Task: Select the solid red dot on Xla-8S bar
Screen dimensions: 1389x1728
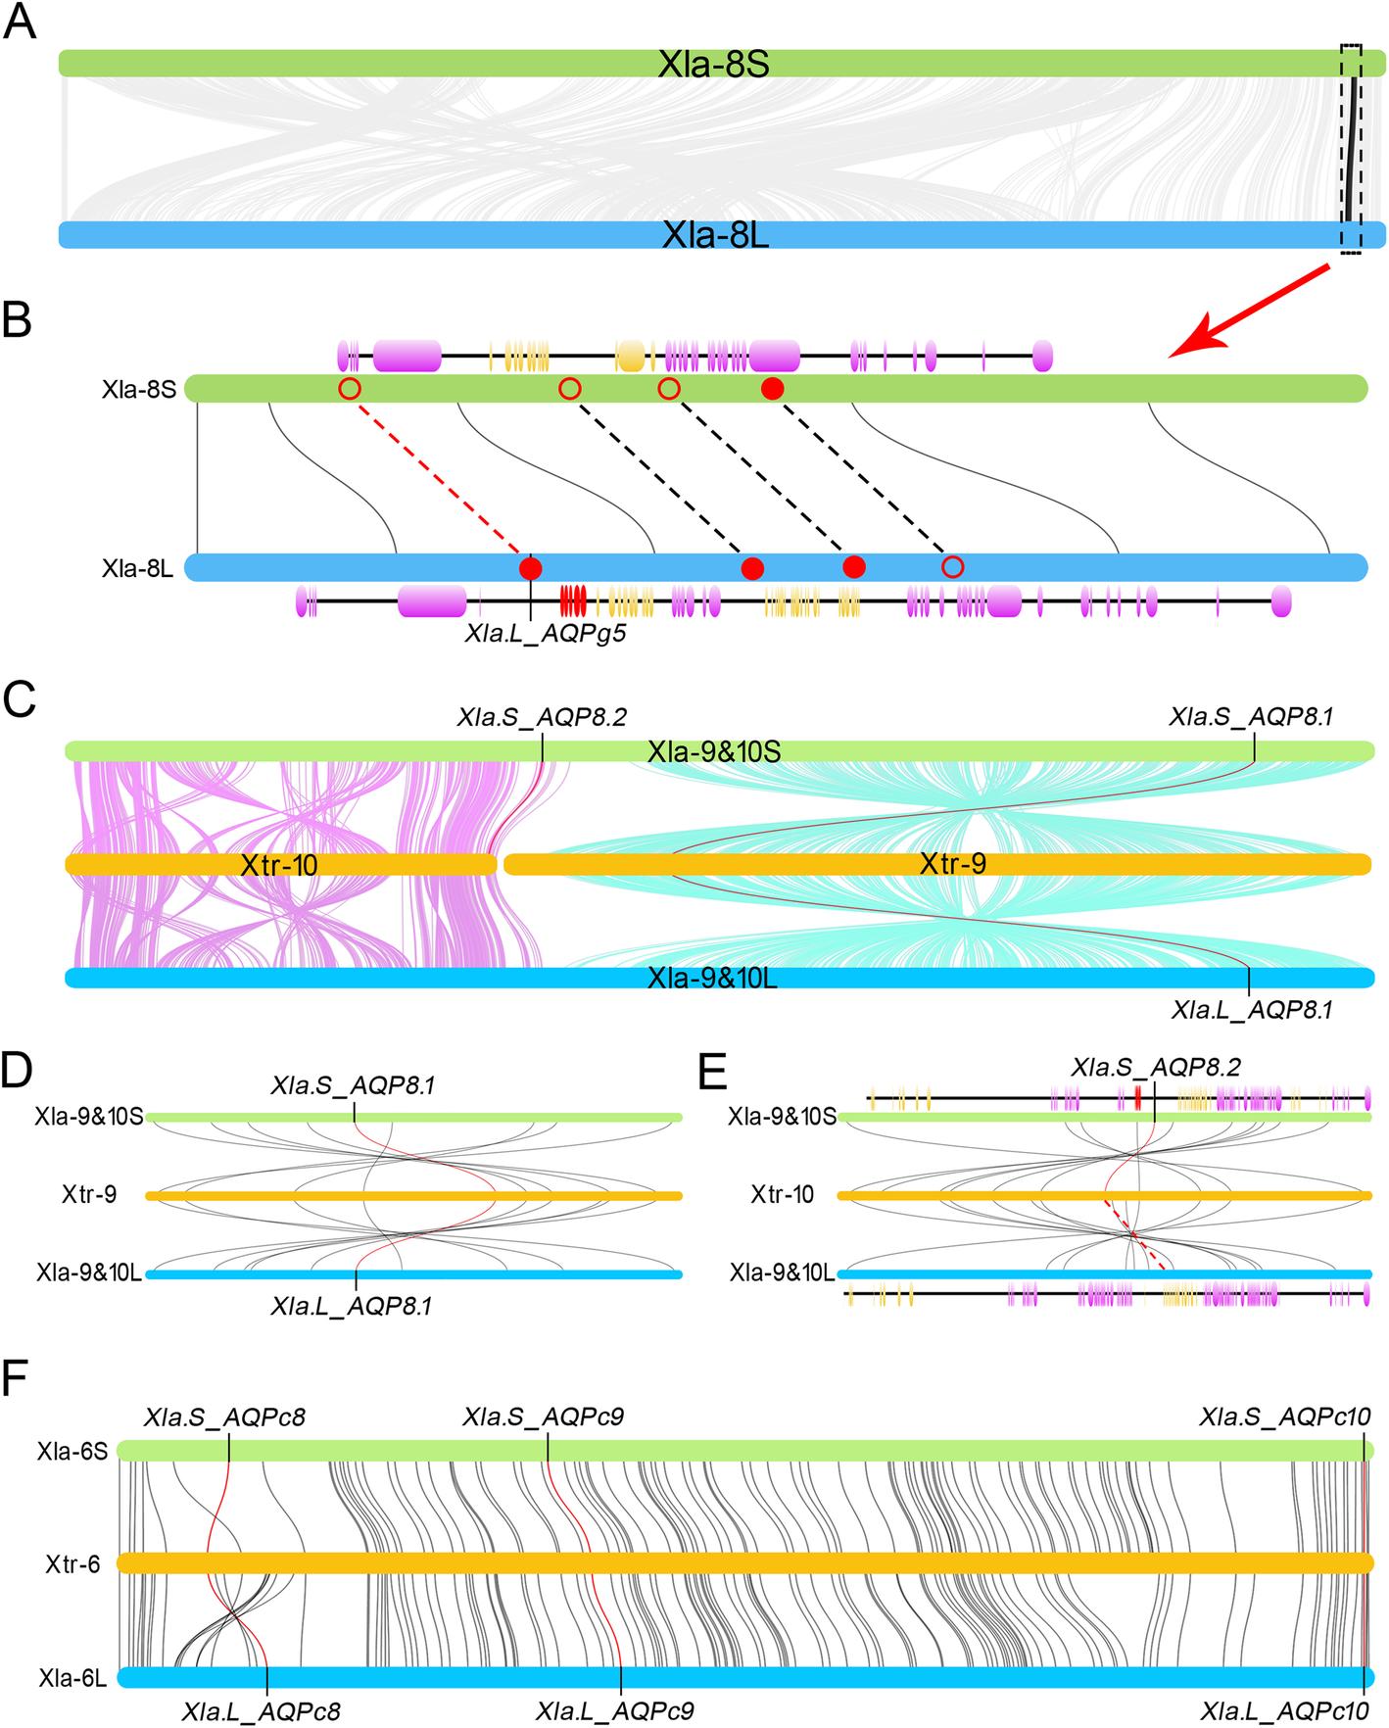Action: [773, 389]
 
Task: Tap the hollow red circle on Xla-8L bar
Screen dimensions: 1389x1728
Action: [952, 566]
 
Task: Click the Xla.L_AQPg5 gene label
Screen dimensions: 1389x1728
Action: [545, 634]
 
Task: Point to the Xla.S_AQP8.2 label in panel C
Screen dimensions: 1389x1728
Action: [542, 717]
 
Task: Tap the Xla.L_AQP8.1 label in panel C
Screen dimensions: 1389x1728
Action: [1251, 1009]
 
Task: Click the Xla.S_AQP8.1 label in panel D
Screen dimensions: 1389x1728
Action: [354, 1085]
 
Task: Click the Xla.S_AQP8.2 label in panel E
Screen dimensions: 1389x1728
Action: [1157, 1066]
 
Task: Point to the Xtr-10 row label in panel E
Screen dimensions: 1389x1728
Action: [783, 1195]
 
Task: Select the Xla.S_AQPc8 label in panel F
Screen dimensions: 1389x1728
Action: [225, 1417]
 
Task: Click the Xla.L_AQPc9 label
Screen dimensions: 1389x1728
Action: [615, 1711]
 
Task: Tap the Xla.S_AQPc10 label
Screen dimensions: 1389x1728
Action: [1284, 1417]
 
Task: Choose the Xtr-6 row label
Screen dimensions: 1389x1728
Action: [72, 1563]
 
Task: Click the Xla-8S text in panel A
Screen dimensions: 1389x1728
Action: [714, 66]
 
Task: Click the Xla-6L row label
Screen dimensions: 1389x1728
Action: [72, 1678]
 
